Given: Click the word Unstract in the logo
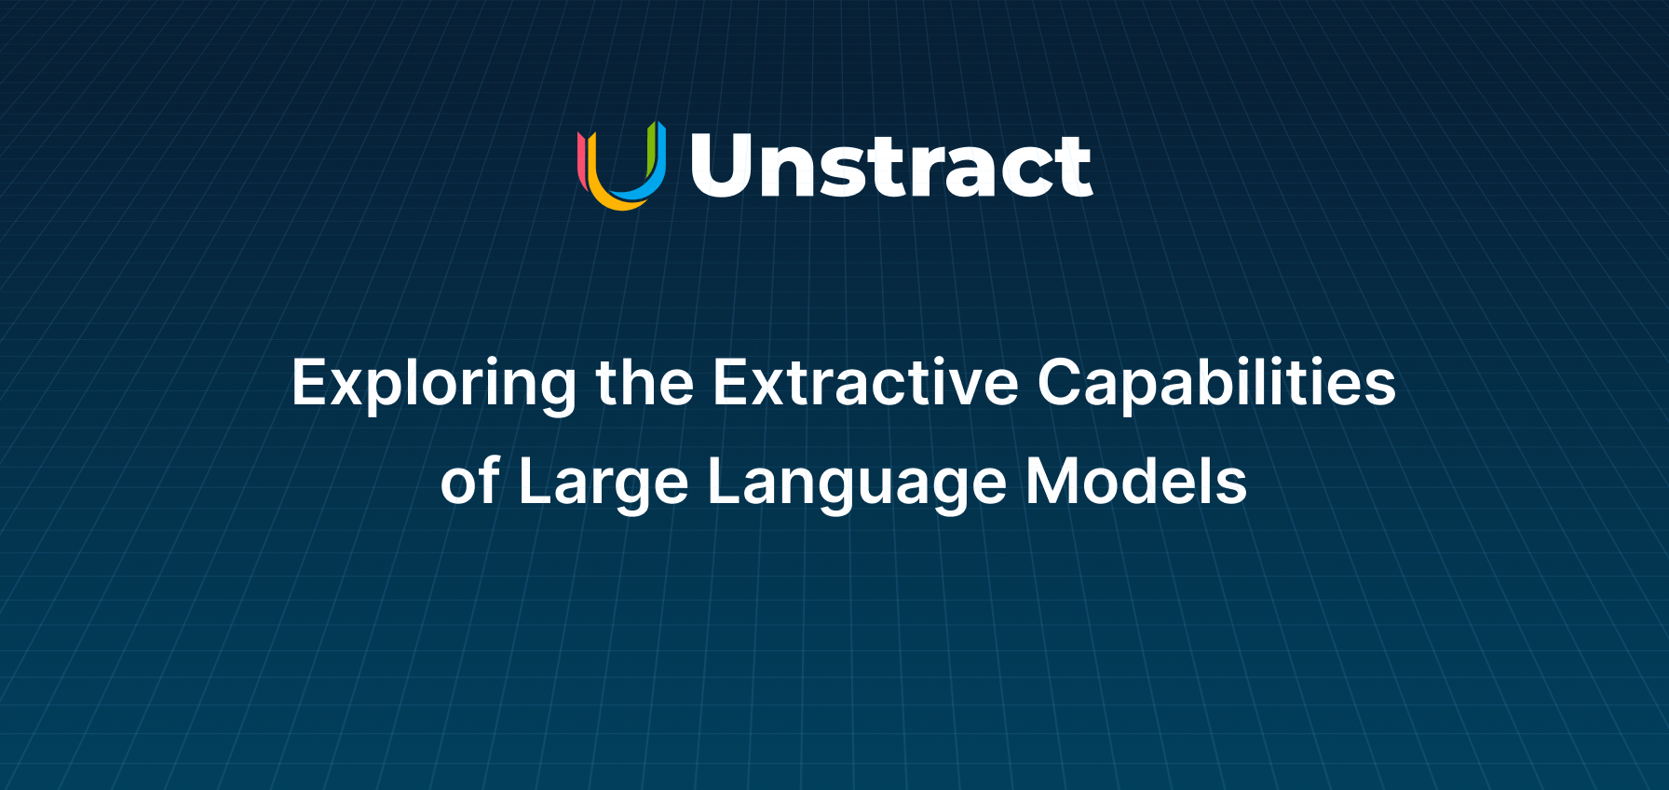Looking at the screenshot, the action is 891,166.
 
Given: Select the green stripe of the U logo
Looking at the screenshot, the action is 651,150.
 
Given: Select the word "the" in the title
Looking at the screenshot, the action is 645,382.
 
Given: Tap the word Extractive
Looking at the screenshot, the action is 866,382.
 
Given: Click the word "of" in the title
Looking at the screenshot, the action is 471,481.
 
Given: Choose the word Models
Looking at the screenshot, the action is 1136,481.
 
